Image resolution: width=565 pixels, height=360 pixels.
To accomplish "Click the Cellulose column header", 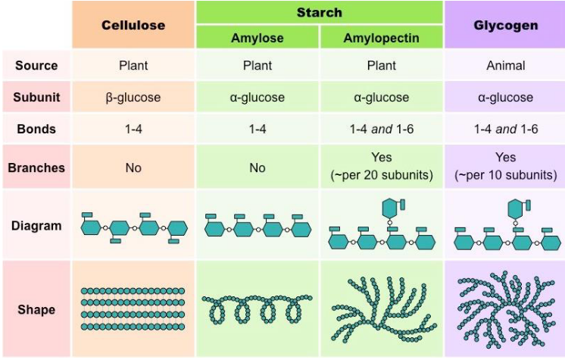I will tap(133, 25).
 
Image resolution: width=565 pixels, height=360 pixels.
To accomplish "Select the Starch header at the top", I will tap(319, 12).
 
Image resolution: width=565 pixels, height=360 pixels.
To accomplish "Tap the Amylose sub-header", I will tap(258, 37).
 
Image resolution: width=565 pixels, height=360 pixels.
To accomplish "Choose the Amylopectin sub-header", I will tap(381, 37).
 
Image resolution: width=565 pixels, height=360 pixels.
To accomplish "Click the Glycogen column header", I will tap(505, 25).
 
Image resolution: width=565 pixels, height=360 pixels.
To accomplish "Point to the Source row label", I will tap(36, 65).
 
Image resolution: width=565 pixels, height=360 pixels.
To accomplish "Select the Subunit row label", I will tap(36, 97).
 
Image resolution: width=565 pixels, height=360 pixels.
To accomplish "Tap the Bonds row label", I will tap(36, 129).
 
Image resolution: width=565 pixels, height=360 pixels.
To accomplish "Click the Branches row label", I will tap(36, 167).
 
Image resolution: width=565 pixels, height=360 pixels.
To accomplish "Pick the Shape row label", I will tap(36, 310).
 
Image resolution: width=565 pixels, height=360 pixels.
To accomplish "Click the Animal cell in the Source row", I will tap(505, 65).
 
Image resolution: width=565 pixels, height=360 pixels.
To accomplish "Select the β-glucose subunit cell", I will tap(133, 97).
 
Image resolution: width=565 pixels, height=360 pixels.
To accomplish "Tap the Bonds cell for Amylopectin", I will tap(381, 129).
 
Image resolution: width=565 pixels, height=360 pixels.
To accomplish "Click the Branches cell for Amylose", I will tap(258, 167).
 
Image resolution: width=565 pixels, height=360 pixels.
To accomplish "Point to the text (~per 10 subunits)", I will tap(505, 175).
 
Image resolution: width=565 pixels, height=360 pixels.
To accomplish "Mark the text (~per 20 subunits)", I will tap(381, 175).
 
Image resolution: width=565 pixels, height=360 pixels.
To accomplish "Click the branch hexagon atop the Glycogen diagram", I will tap(517, 206).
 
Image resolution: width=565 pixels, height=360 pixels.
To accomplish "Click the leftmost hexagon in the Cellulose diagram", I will tap(92, 227).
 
